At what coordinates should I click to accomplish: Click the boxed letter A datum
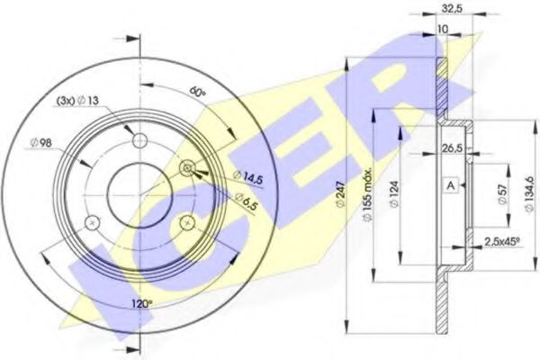[x=450, y=184]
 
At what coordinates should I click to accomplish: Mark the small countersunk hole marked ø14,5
[x=187, y=166]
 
